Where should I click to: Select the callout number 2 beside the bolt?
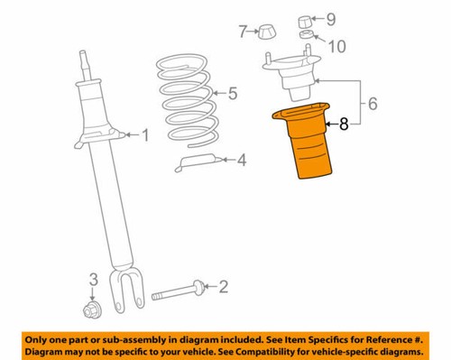tap(224, 287)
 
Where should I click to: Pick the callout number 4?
tap(242, 162)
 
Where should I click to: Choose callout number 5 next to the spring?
tap(233, 92)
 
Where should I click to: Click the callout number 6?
tap(372, 106)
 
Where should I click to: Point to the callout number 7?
tap(242, 32)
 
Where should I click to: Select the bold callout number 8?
tap(343, 127)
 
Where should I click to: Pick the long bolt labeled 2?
tap(179, 293)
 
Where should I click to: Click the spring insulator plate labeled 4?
tap(200, 162)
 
